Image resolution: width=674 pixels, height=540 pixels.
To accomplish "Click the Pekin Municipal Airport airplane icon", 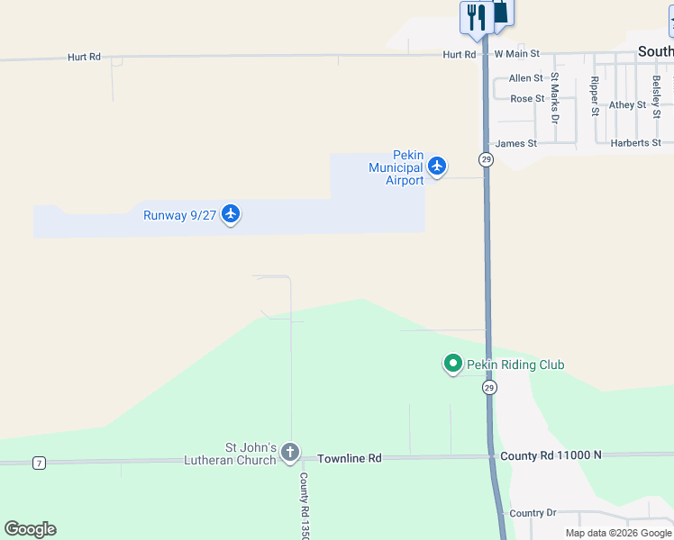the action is coord(437,166).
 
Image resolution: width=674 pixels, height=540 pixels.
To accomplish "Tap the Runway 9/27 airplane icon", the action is coord(231,213).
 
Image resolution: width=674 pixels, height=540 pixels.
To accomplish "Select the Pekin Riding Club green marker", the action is coord(452,364).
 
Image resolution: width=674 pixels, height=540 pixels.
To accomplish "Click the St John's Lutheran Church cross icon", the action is coord(289,451).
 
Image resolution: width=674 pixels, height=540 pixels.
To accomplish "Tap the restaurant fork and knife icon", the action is coord(475,17).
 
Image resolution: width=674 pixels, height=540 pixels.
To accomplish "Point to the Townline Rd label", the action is coord(350,458).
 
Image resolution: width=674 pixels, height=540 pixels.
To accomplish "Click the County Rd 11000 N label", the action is coord(551,455).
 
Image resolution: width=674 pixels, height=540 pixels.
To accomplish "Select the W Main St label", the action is coord(516,55).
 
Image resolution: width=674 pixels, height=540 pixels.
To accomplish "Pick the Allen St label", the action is coord(526,79).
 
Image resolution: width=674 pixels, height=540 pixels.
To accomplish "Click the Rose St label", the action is coord(527,99).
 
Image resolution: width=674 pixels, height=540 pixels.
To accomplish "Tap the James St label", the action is coord(516,143).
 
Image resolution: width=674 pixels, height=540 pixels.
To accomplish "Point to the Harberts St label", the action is coord(635,143).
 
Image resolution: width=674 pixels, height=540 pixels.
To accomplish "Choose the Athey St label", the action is coord(627,105).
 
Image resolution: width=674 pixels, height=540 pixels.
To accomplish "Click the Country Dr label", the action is coord(533,513).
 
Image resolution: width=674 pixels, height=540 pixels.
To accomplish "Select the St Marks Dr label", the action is coord(555,97).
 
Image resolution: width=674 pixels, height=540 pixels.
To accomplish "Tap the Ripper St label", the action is coord(595,96).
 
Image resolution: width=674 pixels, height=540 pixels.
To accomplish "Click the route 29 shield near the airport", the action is coord(486,159).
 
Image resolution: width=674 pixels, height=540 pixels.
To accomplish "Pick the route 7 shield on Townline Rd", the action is coord(39,463).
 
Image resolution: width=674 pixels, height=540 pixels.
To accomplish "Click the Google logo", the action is coord(30,529).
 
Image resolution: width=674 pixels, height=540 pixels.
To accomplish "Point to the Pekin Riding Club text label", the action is coord(515,364).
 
